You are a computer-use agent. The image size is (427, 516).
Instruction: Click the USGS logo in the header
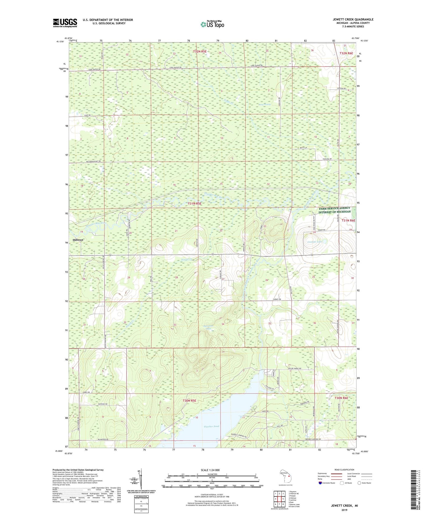click(65, 23)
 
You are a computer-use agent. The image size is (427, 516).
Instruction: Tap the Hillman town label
click(78, 240)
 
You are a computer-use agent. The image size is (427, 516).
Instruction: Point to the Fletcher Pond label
click(212, 426)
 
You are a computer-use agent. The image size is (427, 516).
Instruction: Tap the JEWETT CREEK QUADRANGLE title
click(353, 20)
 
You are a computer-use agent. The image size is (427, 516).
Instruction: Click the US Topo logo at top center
click(212, 24)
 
